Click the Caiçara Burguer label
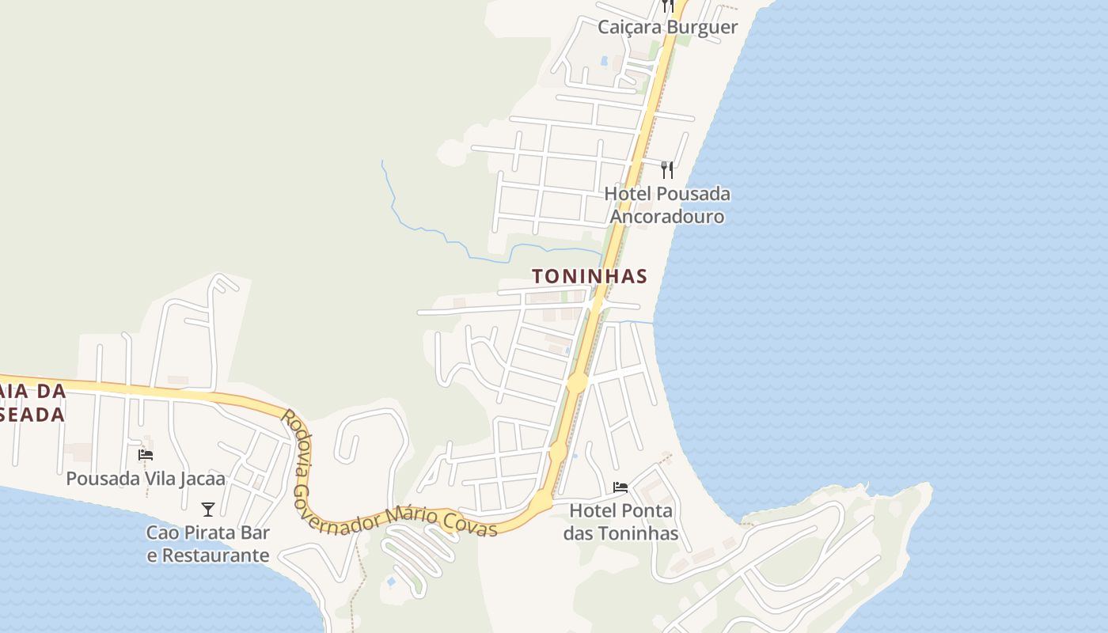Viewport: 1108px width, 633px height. (667, 27)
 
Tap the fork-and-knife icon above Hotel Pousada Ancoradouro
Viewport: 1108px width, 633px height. (667, 169)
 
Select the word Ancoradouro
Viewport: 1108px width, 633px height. (667, 216)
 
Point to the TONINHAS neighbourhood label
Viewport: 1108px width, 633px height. (590, 276)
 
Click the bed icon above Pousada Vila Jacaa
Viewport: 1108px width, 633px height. (146, 455)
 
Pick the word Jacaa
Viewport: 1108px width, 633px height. (204, 479)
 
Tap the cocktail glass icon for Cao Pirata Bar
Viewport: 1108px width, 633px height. (208, 509)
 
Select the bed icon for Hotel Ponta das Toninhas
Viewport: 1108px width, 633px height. (620, 487)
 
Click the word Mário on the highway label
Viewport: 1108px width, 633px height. (419, 515)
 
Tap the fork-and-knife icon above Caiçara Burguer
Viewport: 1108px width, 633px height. (668, 6)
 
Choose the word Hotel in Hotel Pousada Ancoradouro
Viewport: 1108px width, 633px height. (628, 194)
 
